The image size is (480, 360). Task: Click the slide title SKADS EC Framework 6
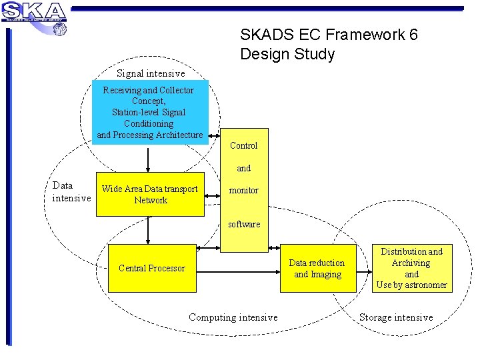click(x=329, y=35)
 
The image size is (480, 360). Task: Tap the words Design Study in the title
click(x=287, y=54)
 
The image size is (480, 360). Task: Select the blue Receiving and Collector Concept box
click(x=150, y=112)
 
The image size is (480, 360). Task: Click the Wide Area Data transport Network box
click(x=150, y=195)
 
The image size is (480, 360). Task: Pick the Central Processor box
click(x=152, y=268)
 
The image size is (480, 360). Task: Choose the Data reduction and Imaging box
click(x=317, y=269)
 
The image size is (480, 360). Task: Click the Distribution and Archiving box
click(x=411, y=268)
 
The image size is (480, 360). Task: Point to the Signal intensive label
click(x=151, y=73)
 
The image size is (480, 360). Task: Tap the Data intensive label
click(x=71, y=192)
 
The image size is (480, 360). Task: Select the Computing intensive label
click(x=233, y=317)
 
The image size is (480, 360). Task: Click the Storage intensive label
click(x=396, y=317)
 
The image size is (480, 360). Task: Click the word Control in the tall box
click(x=243, y=145)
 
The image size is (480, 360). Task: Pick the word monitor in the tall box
click(x=243, y=191)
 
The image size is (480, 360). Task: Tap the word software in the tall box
click(x=244, y=224)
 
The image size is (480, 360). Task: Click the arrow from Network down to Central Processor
click(x=148, y=231)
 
